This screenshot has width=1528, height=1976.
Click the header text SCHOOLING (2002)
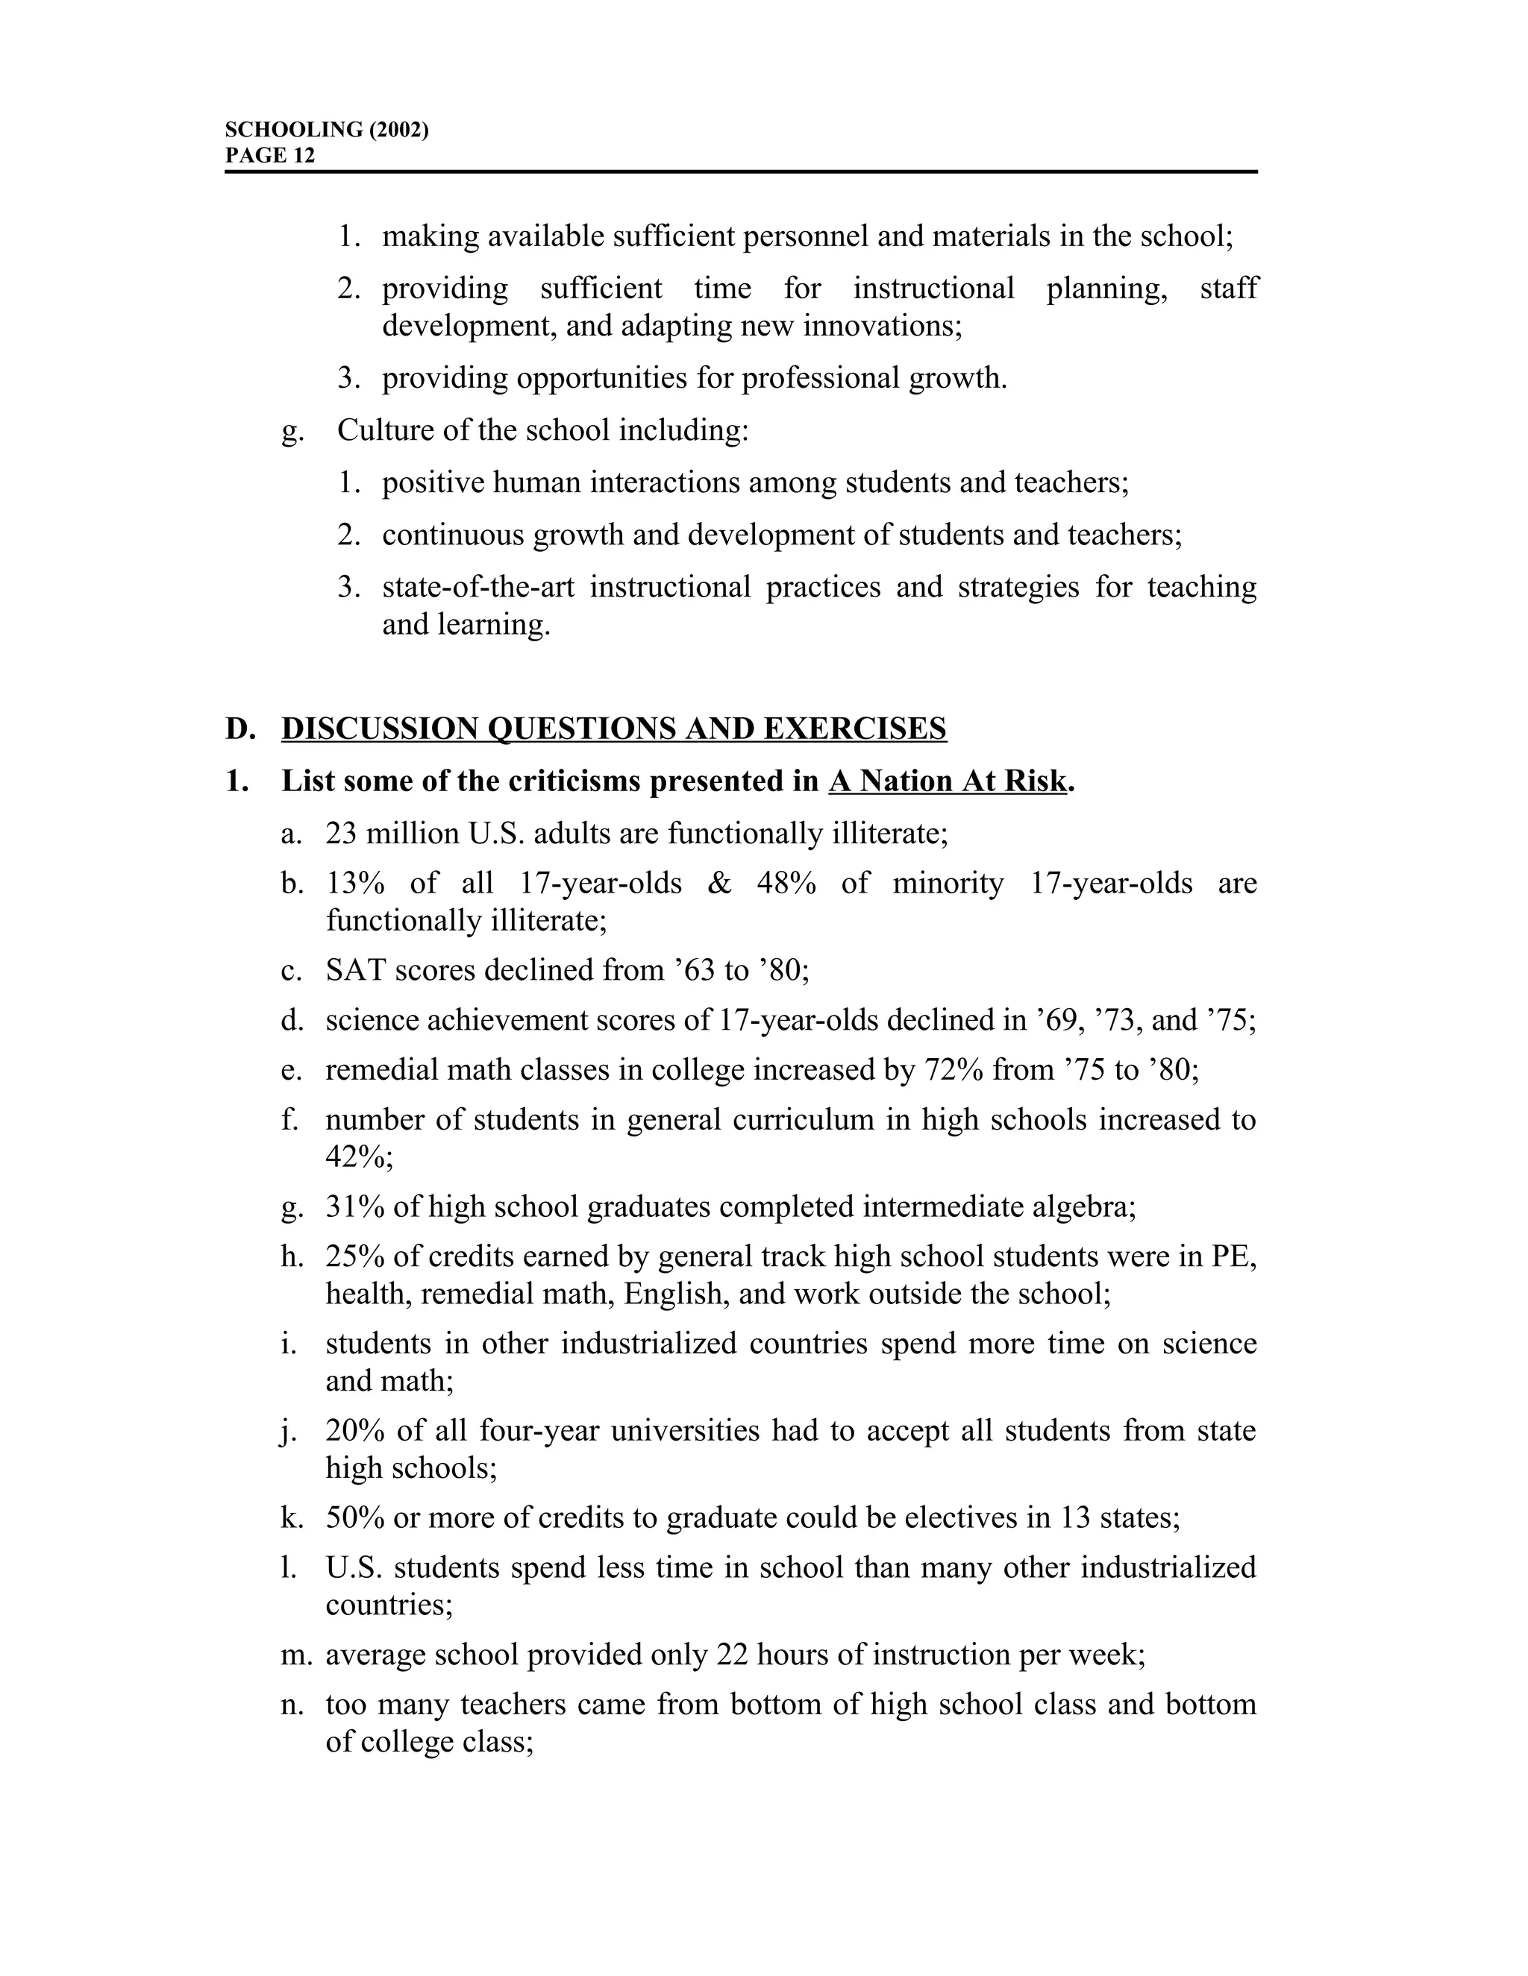point(326,130)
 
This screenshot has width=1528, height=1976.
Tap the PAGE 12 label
point(270,156)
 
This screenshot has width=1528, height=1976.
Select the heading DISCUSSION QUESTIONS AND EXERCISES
point(614,729)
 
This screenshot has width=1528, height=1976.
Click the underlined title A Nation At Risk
point(948,781)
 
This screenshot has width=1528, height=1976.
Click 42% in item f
point(358,1157)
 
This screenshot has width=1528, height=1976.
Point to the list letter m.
point(295,1655)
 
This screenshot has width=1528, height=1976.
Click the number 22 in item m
point(731,1655)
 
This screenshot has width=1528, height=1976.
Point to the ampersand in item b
point(718,883)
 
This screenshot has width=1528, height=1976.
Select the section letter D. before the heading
point(240,729)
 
